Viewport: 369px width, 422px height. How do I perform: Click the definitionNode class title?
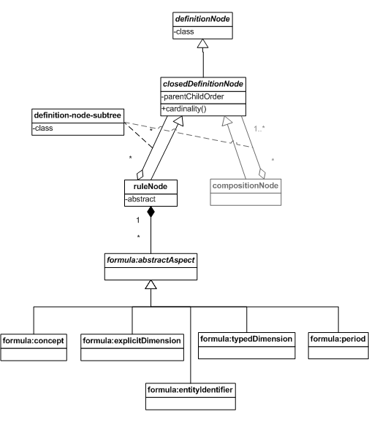(202, 19)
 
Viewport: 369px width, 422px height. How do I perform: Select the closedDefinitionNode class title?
(203, 84)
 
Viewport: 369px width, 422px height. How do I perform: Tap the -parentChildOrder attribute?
(193, 96)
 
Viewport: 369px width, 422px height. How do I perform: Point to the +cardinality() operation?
(184, 109)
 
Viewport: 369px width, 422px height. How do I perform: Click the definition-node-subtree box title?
(77, 115)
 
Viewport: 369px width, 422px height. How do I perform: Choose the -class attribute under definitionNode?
(183, 31)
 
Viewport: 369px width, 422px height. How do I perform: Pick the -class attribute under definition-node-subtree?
(42, 128)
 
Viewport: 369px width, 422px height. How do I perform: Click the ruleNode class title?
(151, 186)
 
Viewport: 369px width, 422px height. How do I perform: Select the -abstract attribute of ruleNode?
(140, 199)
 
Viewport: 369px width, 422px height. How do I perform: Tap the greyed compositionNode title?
(246, 185)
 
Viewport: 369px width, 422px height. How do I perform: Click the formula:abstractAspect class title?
(151, 260)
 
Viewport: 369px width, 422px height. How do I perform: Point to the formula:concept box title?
(33, 341)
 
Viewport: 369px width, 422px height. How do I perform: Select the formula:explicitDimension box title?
(132, 341)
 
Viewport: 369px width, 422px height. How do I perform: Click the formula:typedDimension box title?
(246, 339)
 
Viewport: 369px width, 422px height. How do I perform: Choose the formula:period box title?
(338, 339)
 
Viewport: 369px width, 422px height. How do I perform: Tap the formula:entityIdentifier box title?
(190, 390)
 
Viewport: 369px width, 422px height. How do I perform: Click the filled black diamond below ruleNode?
(151, 212)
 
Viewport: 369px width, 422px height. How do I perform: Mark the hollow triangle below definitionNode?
(202, 44)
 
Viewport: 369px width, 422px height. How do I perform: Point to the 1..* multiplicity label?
(259, 129)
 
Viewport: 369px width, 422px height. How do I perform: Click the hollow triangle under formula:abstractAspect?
(151, 285)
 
